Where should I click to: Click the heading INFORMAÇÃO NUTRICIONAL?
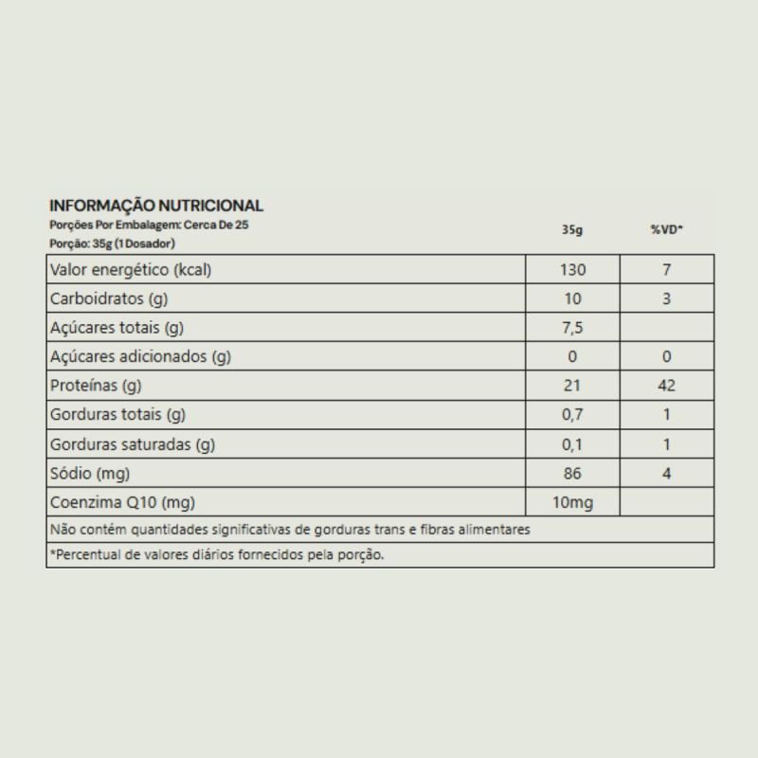(x=156, y=206)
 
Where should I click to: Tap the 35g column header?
(x=571, y=230)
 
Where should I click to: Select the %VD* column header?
(x=666, y=230)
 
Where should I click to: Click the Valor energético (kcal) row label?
(x=130, y=270)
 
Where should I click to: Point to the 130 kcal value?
(x=572, y=270)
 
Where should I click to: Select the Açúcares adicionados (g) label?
(x=140, y=357)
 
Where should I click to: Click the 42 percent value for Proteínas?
(x=666, y=387)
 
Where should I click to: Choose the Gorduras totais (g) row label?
(x=117, y=415)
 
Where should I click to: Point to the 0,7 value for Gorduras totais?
(x=572, y=415)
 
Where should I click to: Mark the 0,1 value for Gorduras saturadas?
(x=572, y=444)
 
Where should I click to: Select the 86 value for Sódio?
(x=572, y=474)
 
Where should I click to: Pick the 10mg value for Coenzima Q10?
(x=572, y=502)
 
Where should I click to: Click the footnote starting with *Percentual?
(x=217, y=555)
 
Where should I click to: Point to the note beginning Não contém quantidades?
(x=290, y=530)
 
